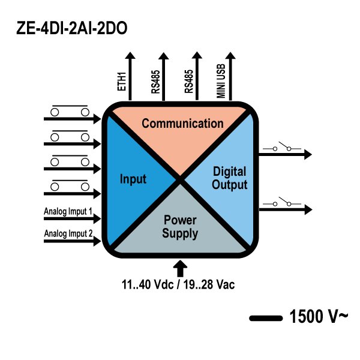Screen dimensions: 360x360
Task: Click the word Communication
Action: (x=182, y=124)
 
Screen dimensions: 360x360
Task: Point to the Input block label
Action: (x=133, y=179)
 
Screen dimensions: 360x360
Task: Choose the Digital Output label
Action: (x=229, y=178)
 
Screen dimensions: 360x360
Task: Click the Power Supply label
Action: (x=180, y=227)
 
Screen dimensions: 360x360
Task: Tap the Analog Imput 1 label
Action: (x=68, y=212)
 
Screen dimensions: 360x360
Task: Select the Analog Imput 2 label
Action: (x=68, y=233)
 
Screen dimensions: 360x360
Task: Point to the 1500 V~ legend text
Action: (x=318, y=316)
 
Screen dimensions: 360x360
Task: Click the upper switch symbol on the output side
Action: (x=282, y=148)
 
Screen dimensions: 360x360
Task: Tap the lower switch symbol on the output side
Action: (x=282, y=204)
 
